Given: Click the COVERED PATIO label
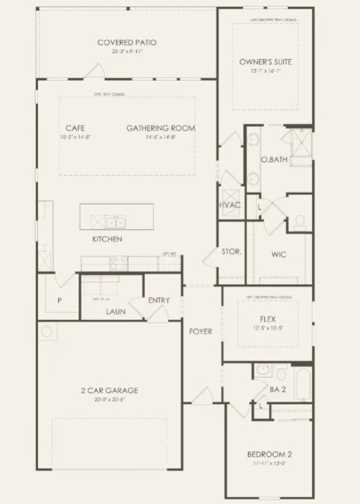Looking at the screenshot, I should click(127, 43).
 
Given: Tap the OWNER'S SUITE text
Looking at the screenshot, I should click(265, 62).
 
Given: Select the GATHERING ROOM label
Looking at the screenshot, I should click(161, 128).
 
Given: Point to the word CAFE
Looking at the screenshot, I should click(75, 128).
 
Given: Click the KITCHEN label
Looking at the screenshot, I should click(107, 240).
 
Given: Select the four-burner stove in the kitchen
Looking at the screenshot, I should click(119, 262).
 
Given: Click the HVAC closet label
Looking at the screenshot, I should click(230, 205).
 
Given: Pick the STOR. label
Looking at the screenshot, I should click(231, 251).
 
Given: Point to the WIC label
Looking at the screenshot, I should click(278, 255).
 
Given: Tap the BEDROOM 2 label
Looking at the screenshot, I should click(269, 455).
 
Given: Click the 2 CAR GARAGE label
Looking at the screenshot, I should click(115, 390).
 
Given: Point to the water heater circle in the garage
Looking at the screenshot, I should click(47, 331).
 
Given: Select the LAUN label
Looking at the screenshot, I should click(115, 312).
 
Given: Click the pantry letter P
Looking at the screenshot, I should click(59, 301).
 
